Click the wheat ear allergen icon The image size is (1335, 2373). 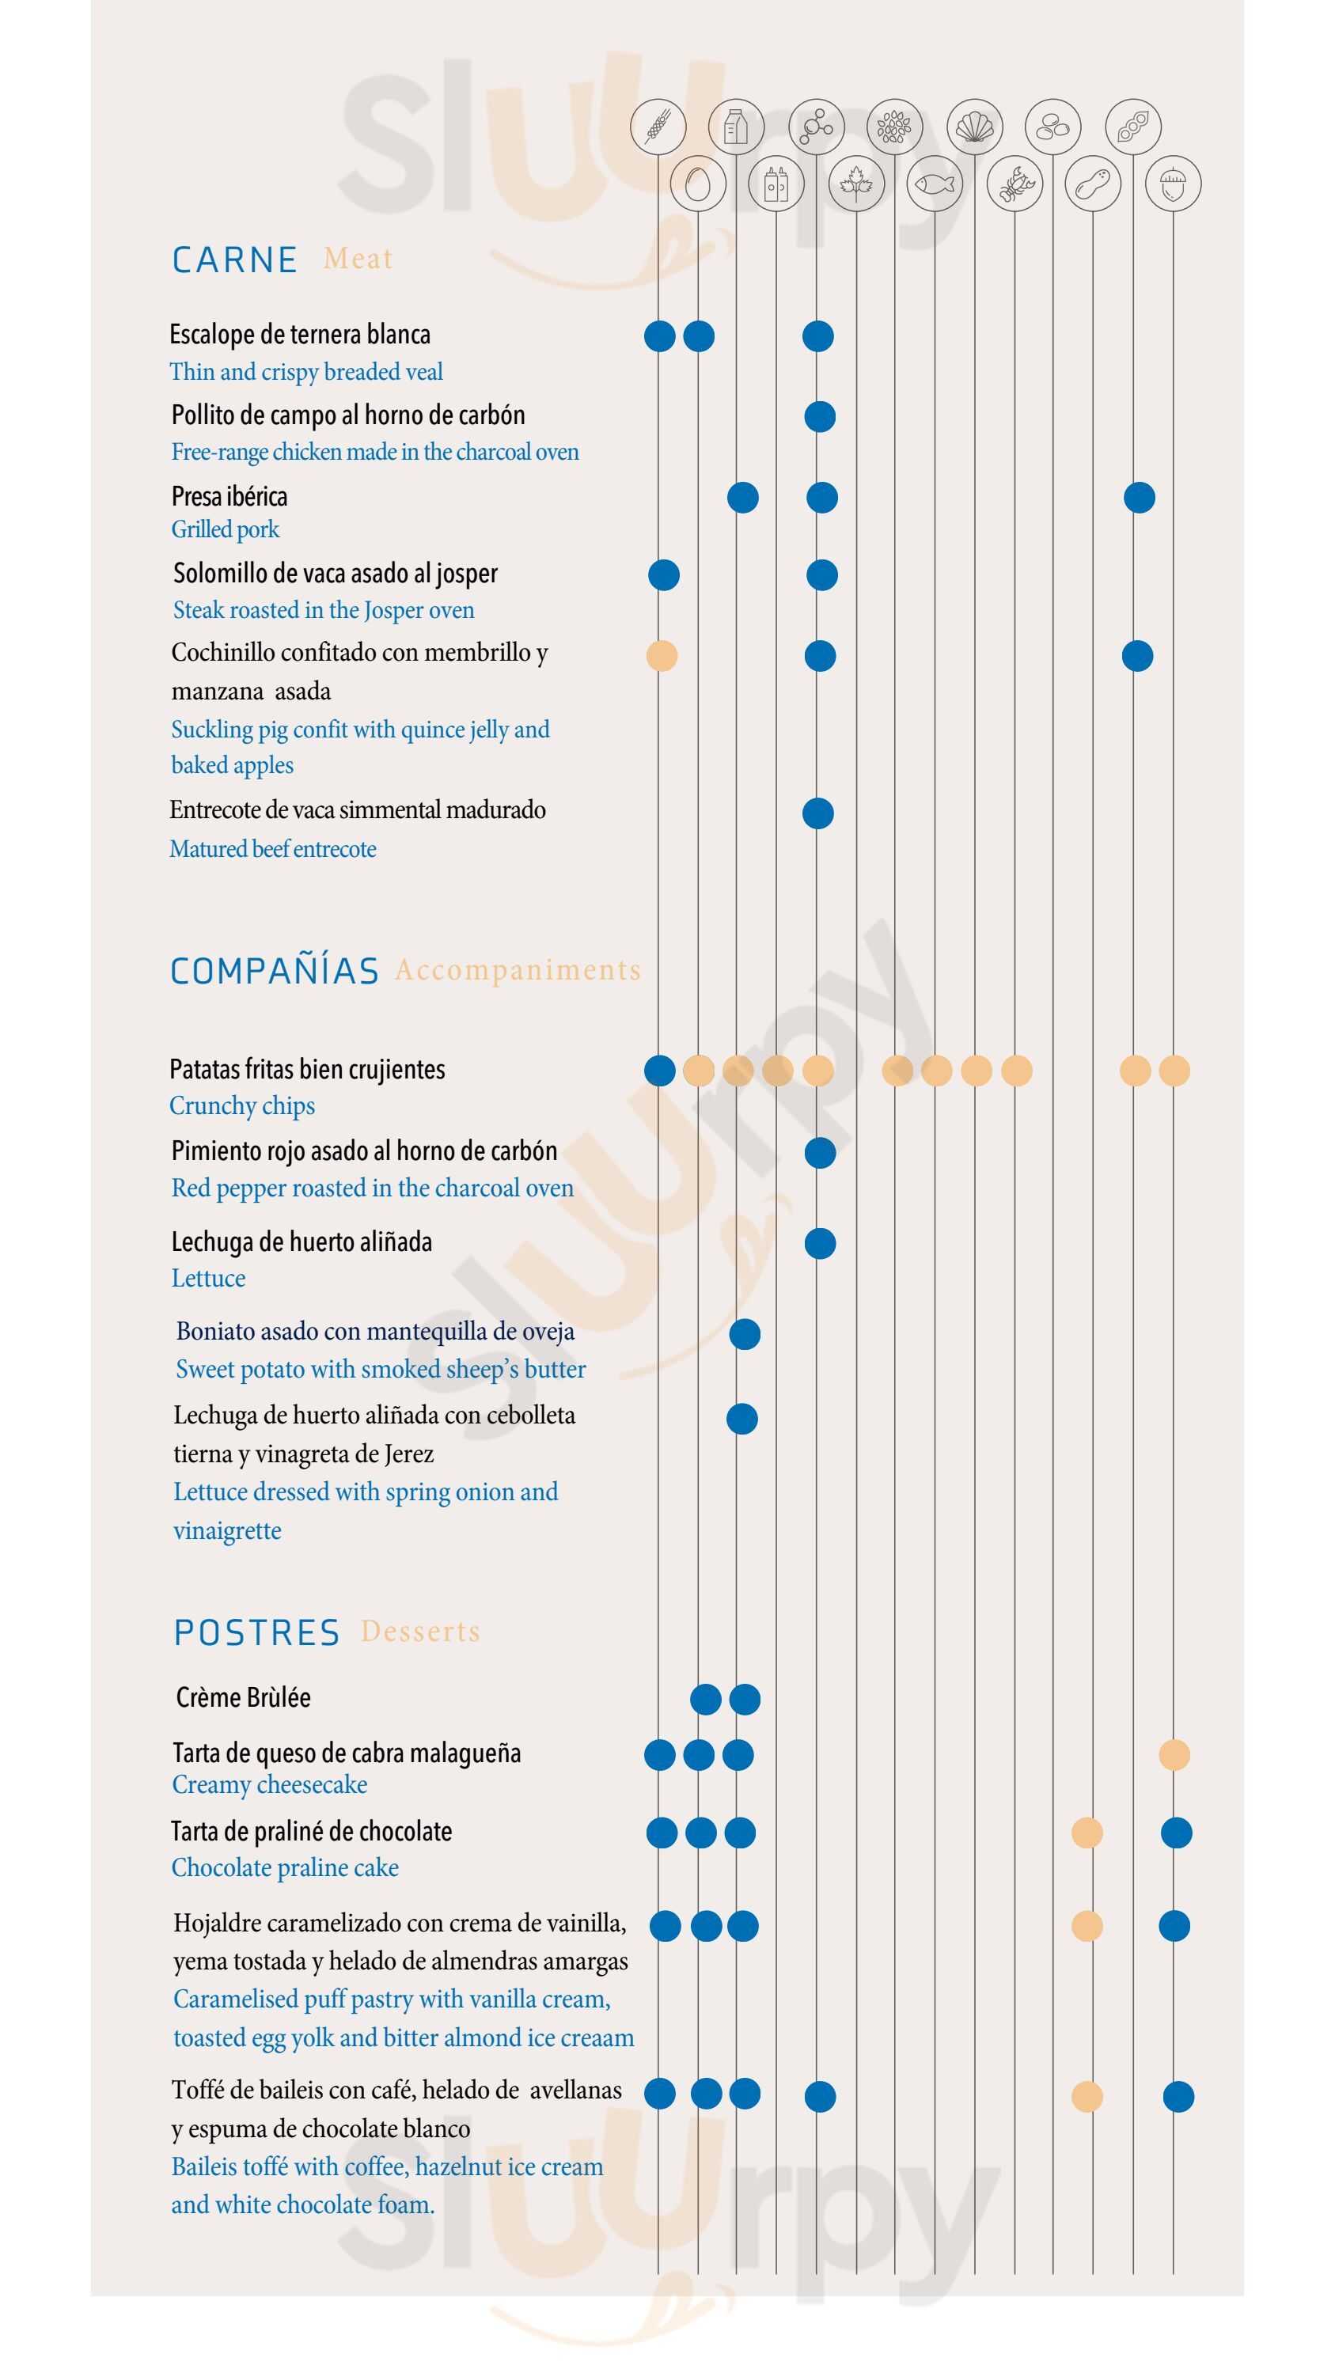point(658,126)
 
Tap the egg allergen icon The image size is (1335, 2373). point(697,184)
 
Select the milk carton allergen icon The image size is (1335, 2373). point(735,126)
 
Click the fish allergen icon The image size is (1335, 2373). point(935,184)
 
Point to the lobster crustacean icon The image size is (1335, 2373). point(1014,184)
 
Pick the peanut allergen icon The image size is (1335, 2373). point(1093,184)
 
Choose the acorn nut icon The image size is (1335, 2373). point(1172,184)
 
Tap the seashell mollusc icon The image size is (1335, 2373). point(974,126)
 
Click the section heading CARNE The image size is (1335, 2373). point(234,260)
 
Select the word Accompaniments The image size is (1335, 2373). point(517,970)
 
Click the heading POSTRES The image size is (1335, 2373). point(256,1632)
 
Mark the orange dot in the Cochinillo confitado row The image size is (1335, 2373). point(662,656)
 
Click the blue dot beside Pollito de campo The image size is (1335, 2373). point(819,416)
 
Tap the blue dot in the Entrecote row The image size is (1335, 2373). point(817,813)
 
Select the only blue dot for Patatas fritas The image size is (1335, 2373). point(660,1071)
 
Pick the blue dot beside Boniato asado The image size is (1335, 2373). point(745,1334)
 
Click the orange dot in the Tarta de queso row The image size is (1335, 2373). point(1174,1755)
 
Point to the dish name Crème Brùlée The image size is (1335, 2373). point(243,1698)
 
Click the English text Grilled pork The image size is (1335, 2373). point(225,529)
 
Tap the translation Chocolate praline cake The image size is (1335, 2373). point(285,1867)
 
